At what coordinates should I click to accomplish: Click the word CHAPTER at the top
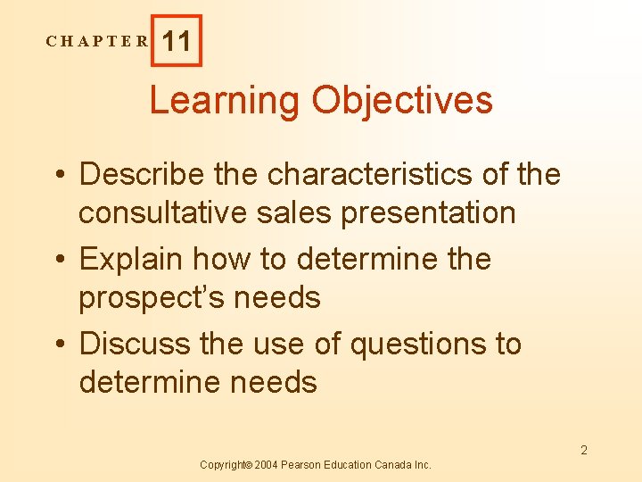[x=99, y=41]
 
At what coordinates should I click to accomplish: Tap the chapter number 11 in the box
[x=177, y=41]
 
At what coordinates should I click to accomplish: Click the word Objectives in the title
[x=401, y=100]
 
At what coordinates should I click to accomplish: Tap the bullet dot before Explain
[x=60, y=260]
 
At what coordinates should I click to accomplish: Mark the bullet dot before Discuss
[x=60, y=345]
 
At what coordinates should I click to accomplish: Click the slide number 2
[x=584, y=450]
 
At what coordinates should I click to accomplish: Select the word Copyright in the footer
[x=225, y=465]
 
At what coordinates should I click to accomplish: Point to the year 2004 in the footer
[x=268, y=465]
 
